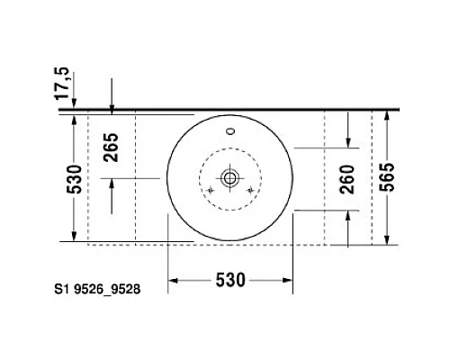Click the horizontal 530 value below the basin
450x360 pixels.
pos(230,281)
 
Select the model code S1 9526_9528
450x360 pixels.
pos(97,290)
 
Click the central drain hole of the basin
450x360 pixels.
pos(229,178)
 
